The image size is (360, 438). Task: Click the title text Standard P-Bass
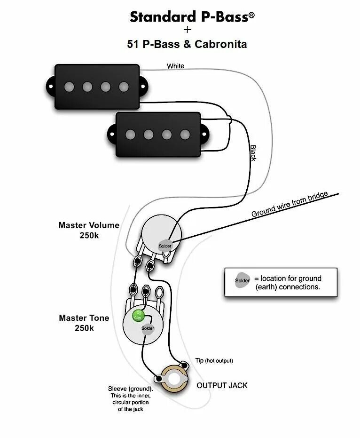click(192, 17)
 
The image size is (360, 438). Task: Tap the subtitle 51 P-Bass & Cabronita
click(187, 44)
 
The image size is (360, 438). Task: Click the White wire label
click(175, 66)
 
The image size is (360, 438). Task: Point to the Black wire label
click(253, 153)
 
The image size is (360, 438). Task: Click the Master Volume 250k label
click(89, 230)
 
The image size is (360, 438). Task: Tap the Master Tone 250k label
click(84, 323)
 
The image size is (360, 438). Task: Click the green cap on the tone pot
click(138, 315)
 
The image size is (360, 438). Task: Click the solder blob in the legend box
click(243, 280)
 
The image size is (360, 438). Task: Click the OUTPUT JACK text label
click(222, 385)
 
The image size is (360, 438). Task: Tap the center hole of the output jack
click(176, 378)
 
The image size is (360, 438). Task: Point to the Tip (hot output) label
click(214, 360)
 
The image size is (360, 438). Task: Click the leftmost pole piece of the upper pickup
click(69, 87)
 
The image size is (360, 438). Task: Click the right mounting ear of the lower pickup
click(205, 134)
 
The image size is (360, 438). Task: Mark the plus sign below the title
click(188, 30)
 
